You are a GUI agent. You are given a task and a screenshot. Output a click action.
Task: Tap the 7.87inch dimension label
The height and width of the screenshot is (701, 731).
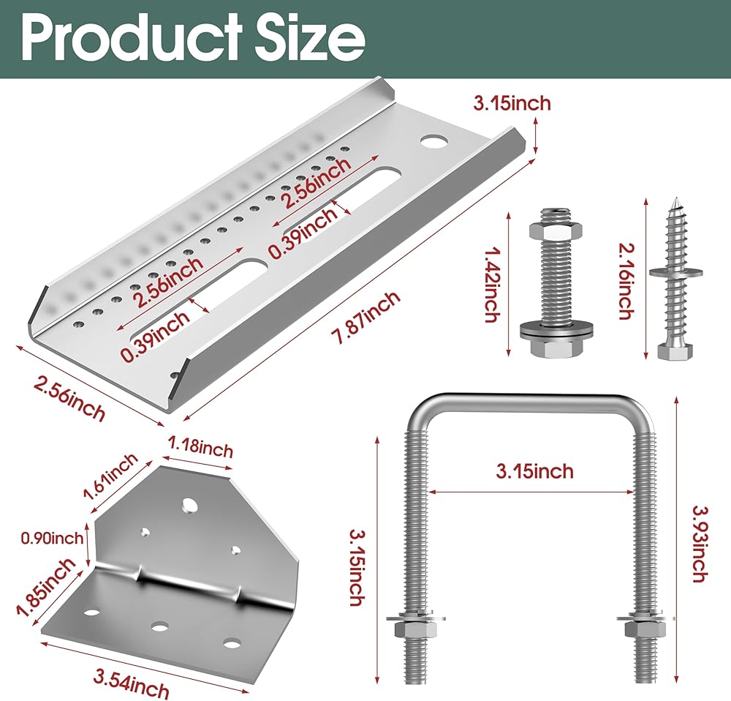pyautogui.click(x=365, y=318)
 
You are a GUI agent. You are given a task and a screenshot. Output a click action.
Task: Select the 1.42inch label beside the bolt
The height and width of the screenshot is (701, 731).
pyautogui.click(x=491, y=284)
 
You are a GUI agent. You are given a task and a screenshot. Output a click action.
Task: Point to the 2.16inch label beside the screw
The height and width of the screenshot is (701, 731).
pyautogui.click(x=626, y=281)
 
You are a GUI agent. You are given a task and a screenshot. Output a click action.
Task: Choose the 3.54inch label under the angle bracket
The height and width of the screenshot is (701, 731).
pyautogui.click(x=131, y=683)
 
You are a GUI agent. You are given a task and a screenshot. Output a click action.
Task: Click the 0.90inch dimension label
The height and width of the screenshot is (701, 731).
pyautogui.click(x=52, y=538)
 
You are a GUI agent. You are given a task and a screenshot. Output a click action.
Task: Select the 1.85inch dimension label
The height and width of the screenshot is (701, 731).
pyautogui.click(x=45, y=587)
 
